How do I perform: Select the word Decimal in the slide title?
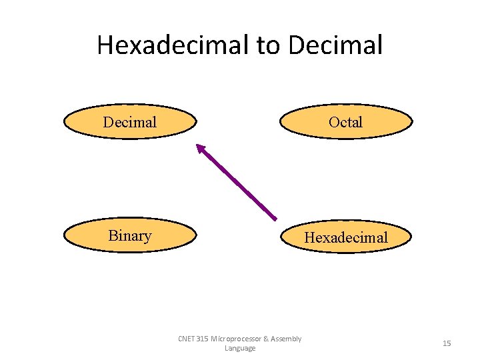point(336,45)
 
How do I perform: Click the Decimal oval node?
point(130,121)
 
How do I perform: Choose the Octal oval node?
point(346,121)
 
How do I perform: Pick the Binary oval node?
point(130,235)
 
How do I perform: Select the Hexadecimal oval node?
point(346,237)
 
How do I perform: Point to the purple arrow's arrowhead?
point(200,149)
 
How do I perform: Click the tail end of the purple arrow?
point(275,218)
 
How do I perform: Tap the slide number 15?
point(447,343)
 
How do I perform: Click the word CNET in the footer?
point(187,339)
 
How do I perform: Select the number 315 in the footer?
point(203,339)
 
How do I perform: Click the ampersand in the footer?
point(266,339)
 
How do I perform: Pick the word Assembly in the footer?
point(286,339)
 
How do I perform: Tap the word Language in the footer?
point(240,349)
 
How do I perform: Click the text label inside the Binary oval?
point(130,235)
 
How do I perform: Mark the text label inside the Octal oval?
point(346,122)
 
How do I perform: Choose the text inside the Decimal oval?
point(130,122)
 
